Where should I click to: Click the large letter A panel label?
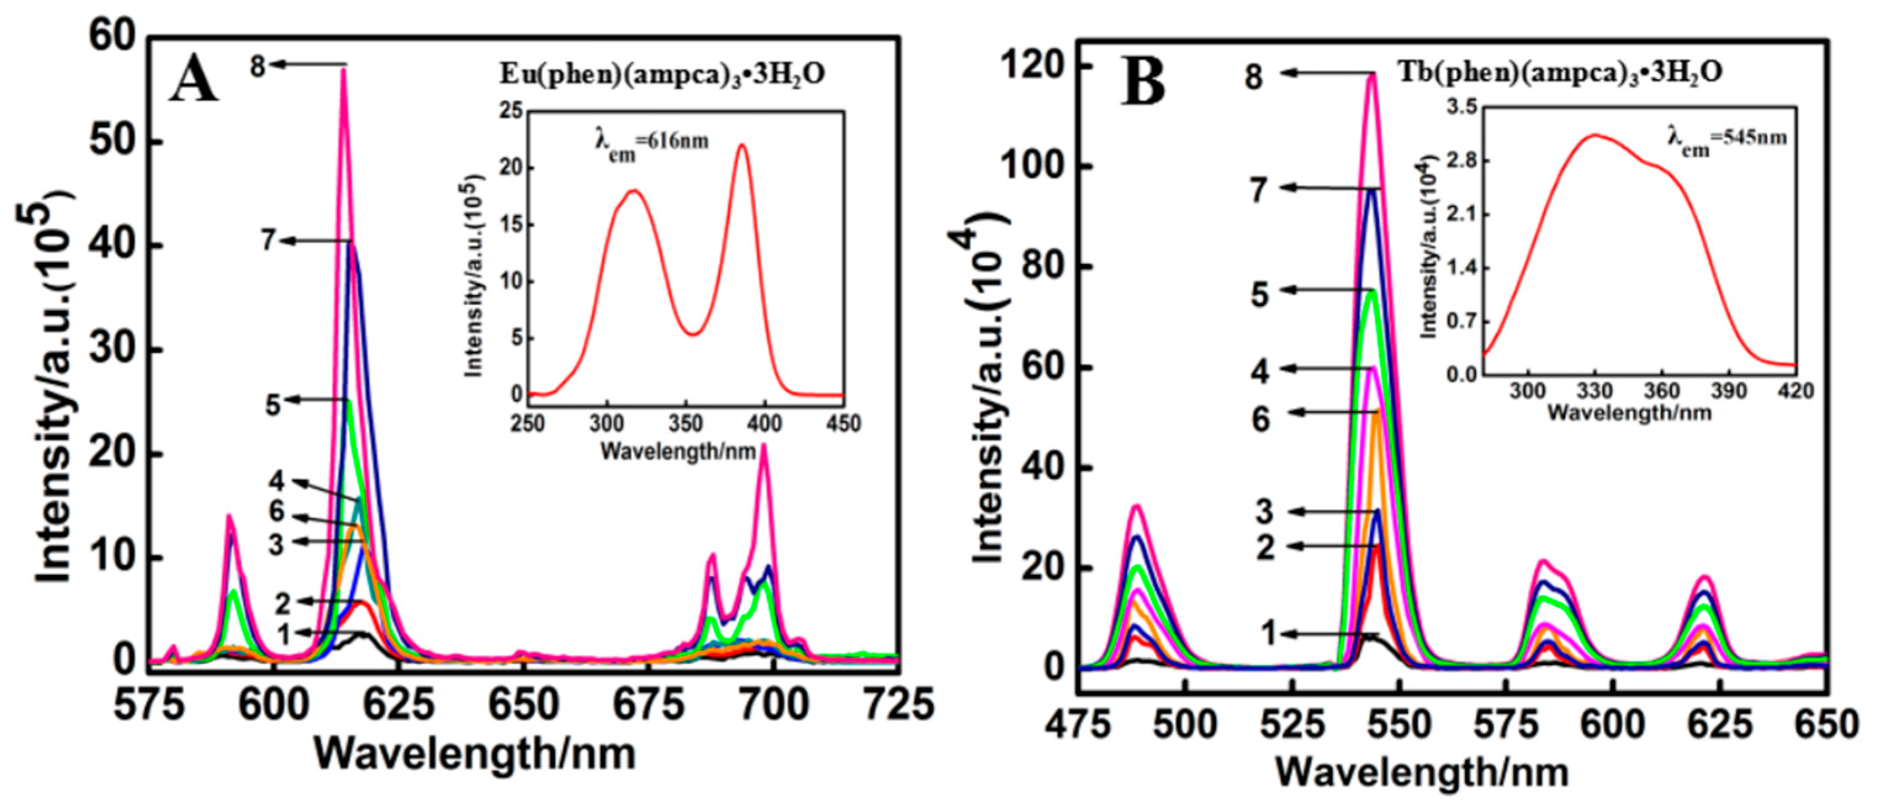pyautogui.click(x=194, y=79)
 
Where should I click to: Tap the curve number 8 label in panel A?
pyautogui.click(x=258, y=67)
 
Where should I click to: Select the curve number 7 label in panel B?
pyautogui.click(x=1260, y=191)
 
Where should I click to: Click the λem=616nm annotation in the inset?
pyautogui.click(x=651, y=141)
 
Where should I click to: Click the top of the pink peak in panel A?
pyautogui.click(x=343, y=71)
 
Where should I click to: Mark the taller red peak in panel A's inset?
pyautogui.click(x=742, y=145)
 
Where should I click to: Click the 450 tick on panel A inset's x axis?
pyautogui.click(x=844, y=423)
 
